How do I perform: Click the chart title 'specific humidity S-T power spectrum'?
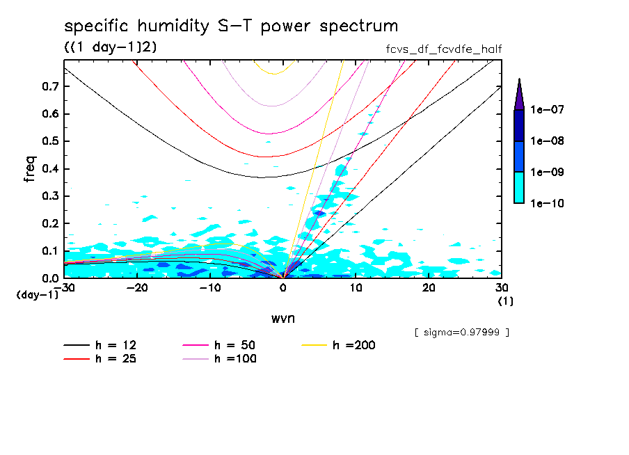[x=231, y=26]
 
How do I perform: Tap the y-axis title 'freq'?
[x=30, y=168]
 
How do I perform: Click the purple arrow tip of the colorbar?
[x=518, y=94]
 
